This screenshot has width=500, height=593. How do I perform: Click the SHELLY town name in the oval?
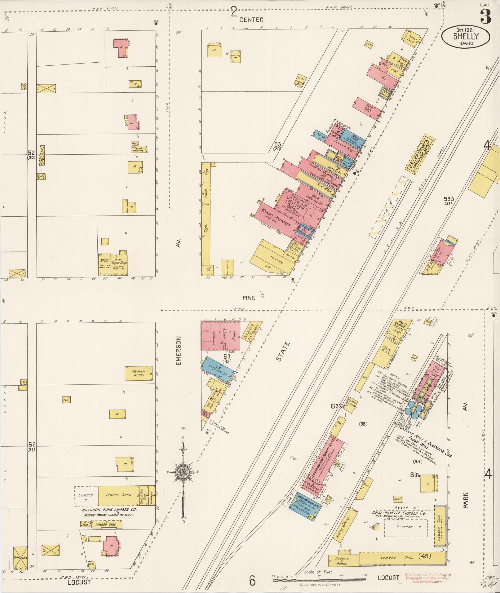[466, 36]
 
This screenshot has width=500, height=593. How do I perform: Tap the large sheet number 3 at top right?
[486, 16]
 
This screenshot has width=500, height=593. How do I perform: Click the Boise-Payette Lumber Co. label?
[399, 513]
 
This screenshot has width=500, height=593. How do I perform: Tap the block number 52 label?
[31, 153]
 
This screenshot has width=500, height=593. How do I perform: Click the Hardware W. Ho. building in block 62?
[138, 373]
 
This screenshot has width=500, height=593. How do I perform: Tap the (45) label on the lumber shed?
[425, 556]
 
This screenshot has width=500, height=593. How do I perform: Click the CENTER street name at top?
[251, 20]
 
